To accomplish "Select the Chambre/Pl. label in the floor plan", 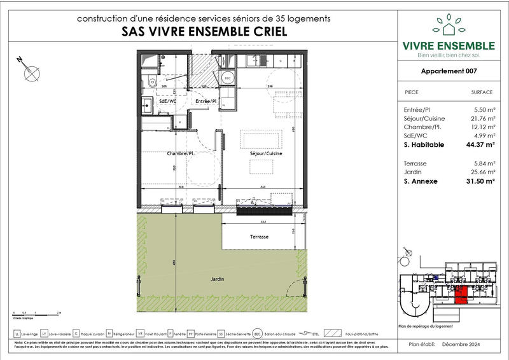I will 180,154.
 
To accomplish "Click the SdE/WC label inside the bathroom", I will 150,100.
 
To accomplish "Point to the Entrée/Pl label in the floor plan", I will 206,100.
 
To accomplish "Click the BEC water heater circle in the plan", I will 227,79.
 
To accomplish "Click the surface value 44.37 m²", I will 480,144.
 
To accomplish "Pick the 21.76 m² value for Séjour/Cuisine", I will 482,118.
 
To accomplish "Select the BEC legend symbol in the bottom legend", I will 258,333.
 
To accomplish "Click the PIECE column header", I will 412,92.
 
